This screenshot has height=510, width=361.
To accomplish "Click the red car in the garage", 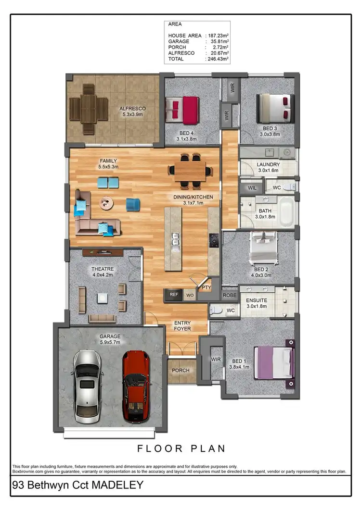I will click(136, 387).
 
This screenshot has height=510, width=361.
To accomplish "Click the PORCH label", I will click(181, 370).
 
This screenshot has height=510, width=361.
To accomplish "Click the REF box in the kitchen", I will click(174, 295).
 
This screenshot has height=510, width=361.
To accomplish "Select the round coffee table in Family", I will click(107, 203).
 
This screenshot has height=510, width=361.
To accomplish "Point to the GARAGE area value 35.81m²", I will click(218, 41).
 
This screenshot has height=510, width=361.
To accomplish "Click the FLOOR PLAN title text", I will click(181, 448).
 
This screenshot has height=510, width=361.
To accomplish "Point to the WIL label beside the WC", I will click(252, 187).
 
